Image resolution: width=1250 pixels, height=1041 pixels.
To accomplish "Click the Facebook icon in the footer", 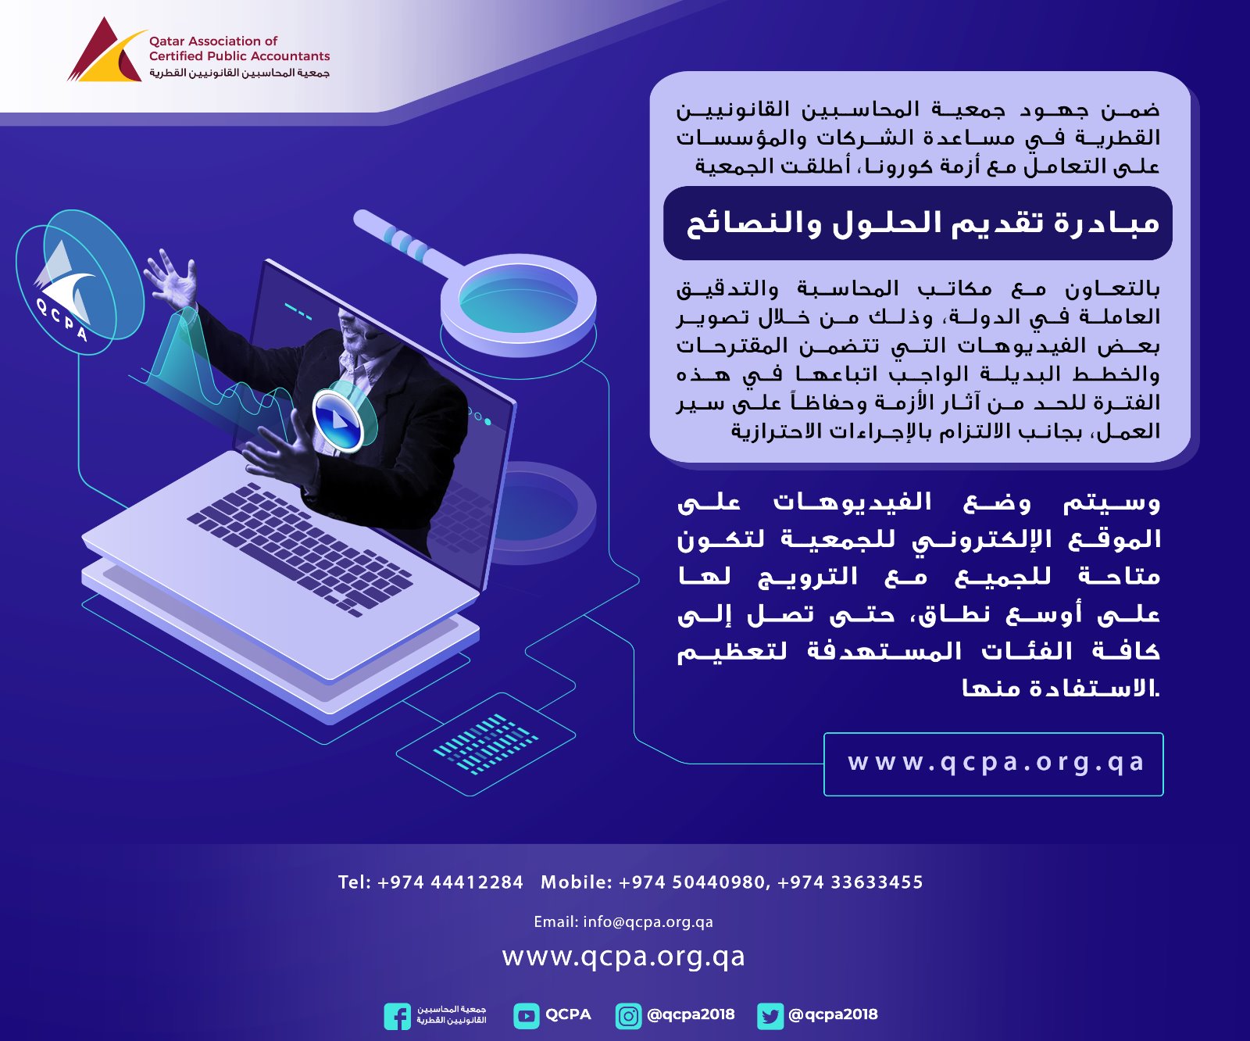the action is point(397,1016).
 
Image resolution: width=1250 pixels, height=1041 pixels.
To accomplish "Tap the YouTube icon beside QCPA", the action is point(527,1016).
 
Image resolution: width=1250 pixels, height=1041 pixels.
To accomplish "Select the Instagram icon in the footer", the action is point(628,1016).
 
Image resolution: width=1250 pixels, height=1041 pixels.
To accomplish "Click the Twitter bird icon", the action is point(770,1016).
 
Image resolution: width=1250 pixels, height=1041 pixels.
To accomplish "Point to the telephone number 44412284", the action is point(477,882).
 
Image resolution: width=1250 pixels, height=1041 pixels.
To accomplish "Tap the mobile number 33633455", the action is point(877,882).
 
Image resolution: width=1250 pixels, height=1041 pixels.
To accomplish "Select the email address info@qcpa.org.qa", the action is point(648,922).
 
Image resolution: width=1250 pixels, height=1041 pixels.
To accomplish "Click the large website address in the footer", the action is point(623,957).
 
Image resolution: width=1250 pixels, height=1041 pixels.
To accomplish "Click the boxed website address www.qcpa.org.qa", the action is point(994,764).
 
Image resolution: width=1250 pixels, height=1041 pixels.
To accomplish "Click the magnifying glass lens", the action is point(518,300).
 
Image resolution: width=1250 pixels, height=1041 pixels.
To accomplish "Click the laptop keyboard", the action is point(300,546).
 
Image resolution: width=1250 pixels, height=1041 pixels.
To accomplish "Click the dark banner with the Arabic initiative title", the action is point(918,223).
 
